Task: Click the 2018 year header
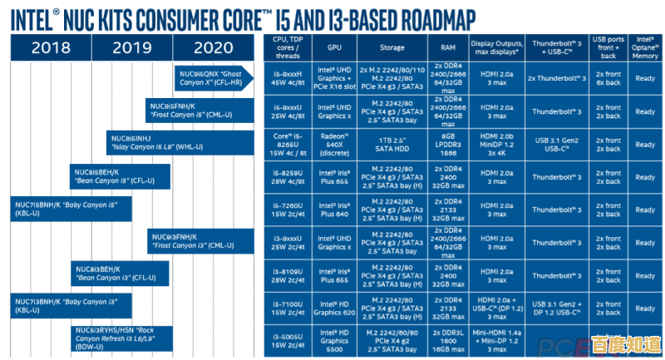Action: pyautogui.click(x=52, y=47)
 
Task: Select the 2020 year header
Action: pyautogui.click(x=214, y=47)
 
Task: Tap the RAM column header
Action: pyautogui.click(x=449, y=47)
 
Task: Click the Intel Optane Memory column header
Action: pyautogui.click(x=646, y=47)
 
